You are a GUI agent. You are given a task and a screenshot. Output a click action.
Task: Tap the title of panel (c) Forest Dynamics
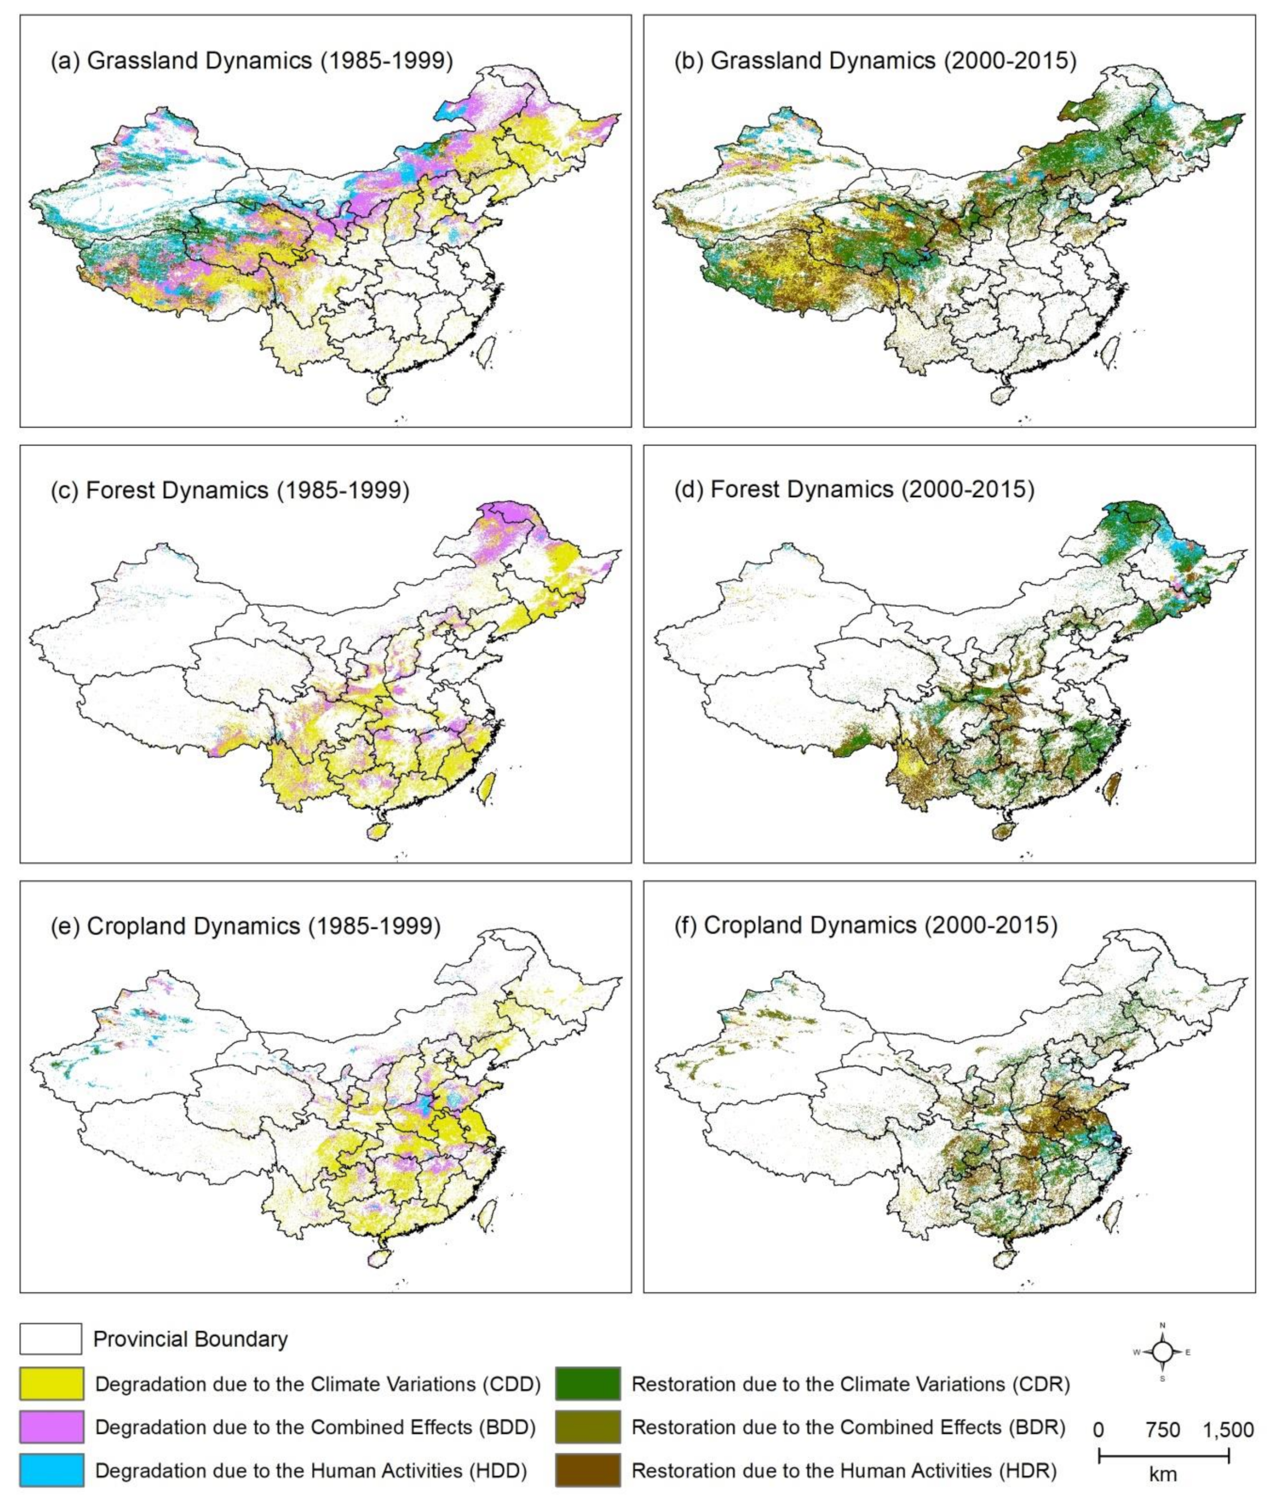click(x=230, y=491)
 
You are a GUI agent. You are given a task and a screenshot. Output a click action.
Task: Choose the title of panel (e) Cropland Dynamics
click(x=245, y=926)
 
